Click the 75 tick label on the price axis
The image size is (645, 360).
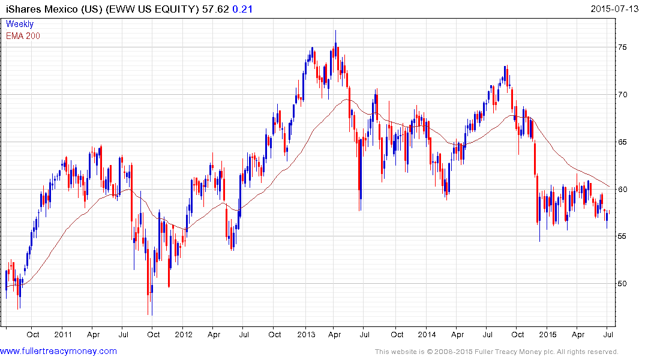click(x=623, y=48)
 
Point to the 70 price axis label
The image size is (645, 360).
click(x=623, y=95)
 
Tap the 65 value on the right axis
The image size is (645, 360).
click(x=623, y=142)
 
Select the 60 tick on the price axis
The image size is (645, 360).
click(x=623, y=189)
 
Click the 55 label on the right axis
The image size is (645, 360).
click(x=623, y=236)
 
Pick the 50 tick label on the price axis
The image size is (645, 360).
click(x=623, y=283)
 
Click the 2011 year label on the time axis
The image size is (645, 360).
click(x=62, y=334)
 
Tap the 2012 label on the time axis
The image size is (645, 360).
click(x=184, y=334)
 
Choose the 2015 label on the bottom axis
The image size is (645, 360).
click(x=547, y=334)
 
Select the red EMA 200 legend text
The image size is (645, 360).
click(x=23, y=35)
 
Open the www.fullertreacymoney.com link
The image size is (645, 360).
click(x=58, y=351)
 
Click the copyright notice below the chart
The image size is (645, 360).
click(x=496, y=352)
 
